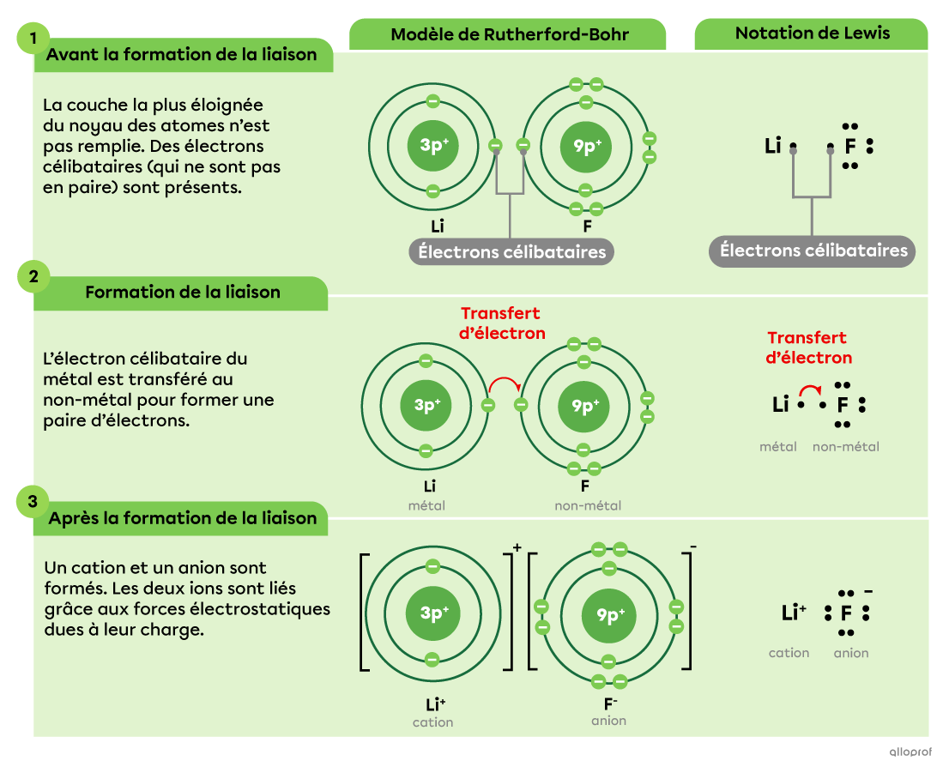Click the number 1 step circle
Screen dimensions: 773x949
33,39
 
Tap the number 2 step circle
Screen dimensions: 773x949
33,276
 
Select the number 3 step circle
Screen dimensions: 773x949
33,503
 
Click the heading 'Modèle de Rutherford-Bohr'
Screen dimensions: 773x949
509,35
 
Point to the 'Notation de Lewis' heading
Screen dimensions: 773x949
812,33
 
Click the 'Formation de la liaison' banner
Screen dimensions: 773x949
182,293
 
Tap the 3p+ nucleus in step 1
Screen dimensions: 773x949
433,145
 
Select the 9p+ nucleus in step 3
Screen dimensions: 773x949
609,614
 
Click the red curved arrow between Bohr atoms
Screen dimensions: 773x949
504,384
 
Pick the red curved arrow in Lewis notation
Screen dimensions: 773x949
811,390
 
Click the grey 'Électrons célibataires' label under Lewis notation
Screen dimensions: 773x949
813,251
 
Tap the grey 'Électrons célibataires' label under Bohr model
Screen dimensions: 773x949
511,252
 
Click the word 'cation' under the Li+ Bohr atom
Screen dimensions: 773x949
432,722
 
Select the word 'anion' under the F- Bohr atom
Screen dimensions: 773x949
608,721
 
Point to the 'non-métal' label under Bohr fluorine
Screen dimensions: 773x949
588,505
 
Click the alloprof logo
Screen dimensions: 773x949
911,752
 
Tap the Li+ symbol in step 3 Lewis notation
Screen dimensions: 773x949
793,613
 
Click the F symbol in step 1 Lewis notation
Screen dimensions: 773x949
849,147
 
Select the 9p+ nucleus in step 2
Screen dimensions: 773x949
584,405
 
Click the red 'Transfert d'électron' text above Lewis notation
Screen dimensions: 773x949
809,347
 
